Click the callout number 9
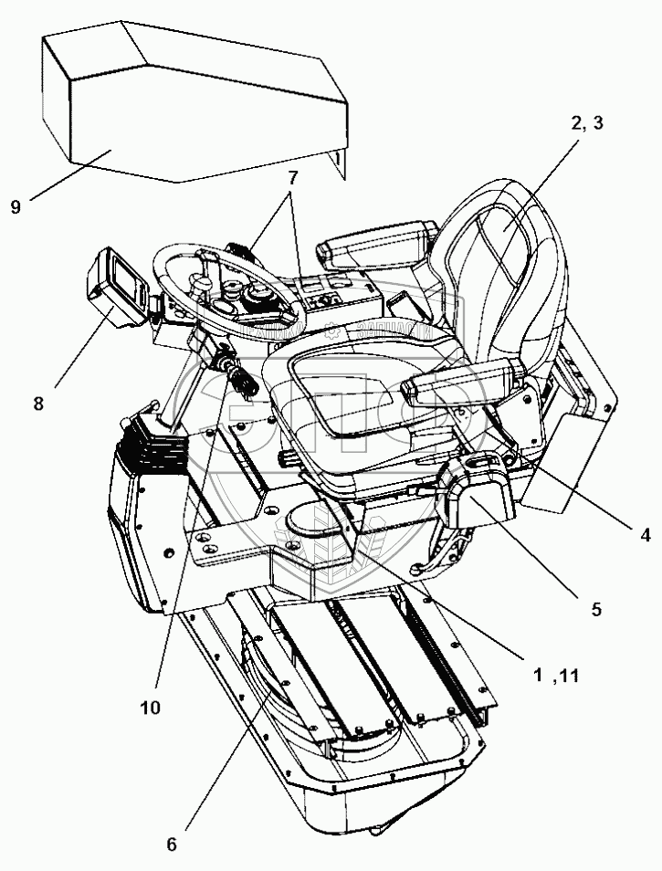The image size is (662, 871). click(x=16, y=206)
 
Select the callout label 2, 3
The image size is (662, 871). click(x=586, y=125)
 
